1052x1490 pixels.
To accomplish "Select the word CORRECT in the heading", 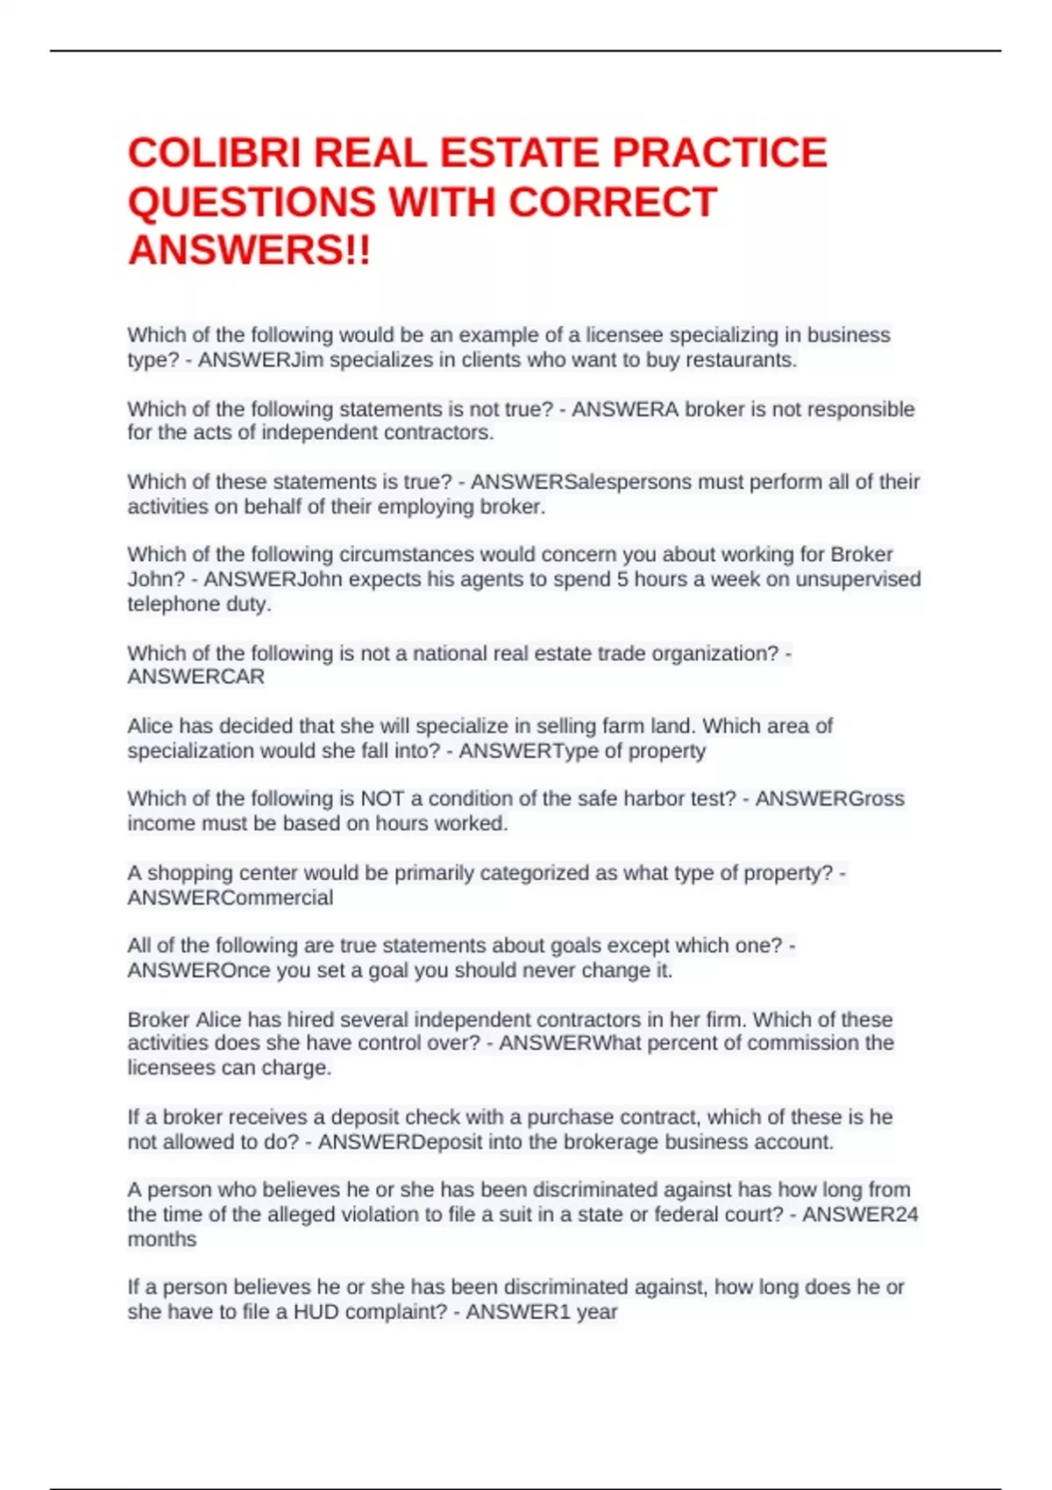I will (613, 202).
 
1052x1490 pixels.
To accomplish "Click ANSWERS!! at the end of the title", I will (250, 251).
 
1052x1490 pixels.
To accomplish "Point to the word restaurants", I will (745, 360).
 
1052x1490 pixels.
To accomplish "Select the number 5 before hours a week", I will (622, 579).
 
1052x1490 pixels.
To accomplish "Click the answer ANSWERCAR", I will (195, 677).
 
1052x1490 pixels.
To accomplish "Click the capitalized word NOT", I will (382, 798).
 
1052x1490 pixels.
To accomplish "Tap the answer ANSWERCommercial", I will (231, 898).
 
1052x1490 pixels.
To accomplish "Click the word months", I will (162, 1239).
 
